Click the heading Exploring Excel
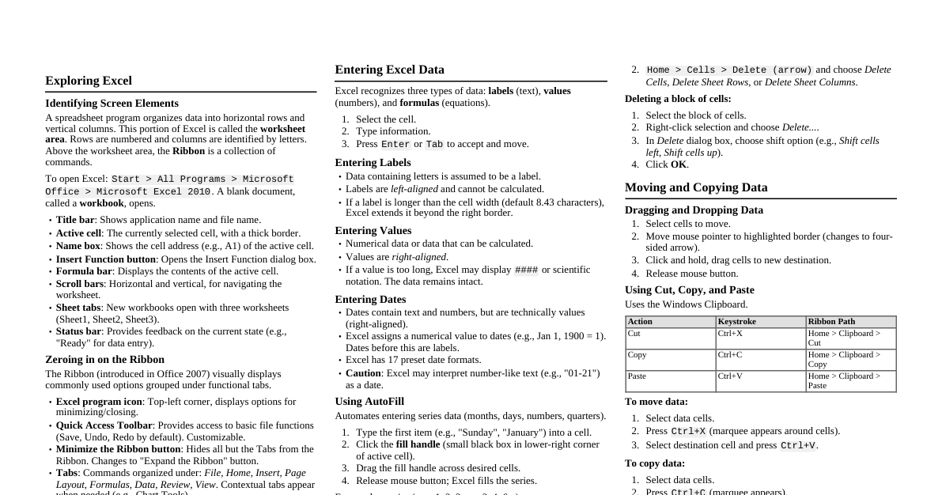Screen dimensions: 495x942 point(89,81)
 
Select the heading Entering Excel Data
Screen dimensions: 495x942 point(389,70)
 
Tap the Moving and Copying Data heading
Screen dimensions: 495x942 point(696,187)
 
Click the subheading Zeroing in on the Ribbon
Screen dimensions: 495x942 point(104,360)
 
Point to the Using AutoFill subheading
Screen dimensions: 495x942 point(369,402)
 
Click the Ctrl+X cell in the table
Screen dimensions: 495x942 point(730,334)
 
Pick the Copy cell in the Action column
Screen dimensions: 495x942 point(637,355)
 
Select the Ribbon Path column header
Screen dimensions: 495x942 point(831,322)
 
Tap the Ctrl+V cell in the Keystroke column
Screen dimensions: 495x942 point(730,376)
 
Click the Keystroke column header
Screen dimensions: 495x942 point(737,322)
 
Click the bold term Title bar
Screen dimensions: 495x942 point(75,220)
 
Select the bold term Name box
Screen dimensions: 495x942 point(78,246)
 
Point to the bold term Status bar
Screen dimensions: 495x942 point(78,331)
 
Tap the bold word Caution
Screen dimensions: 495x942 point(363,373)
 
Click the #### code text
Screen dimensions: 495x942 point(526,270)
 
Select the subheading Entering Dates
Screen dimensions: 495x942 point(370,300)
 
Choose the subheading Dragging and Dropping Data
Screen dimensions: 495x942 point(694,210)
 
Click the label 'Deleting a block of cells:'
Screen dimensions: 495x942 point(678,99)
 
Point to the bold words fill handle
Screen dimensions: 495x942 point(418,444)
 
